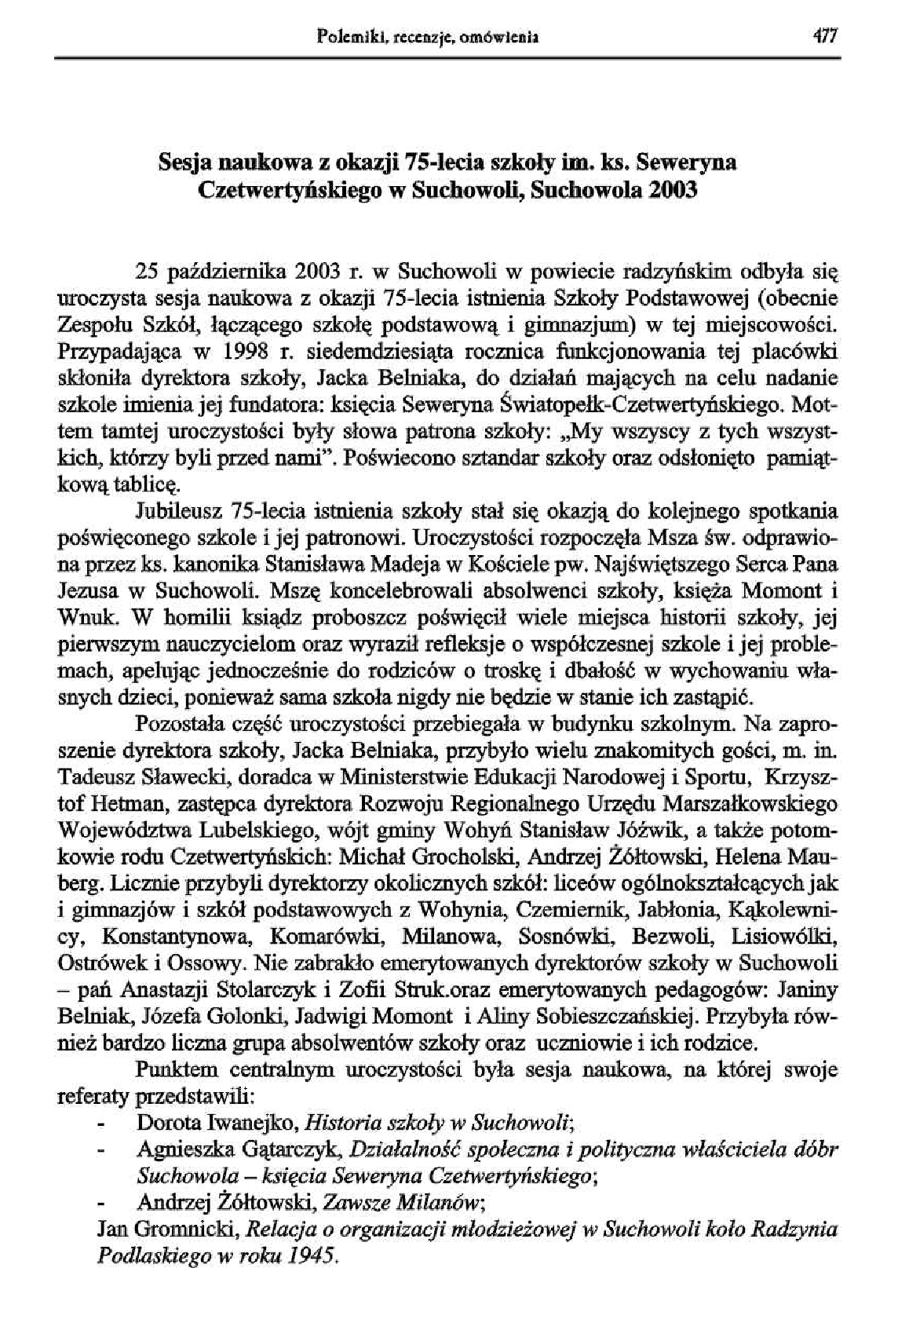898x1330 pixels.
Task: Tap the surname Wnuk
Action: tap(79, 617)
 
